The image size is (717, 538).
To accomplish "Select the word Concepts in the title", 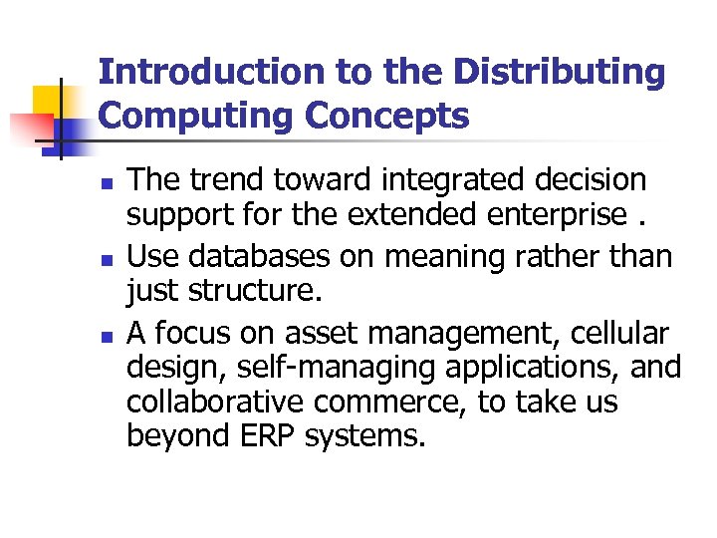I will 387,116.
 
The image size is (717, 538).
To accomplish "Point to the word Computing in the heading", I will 198,116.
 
